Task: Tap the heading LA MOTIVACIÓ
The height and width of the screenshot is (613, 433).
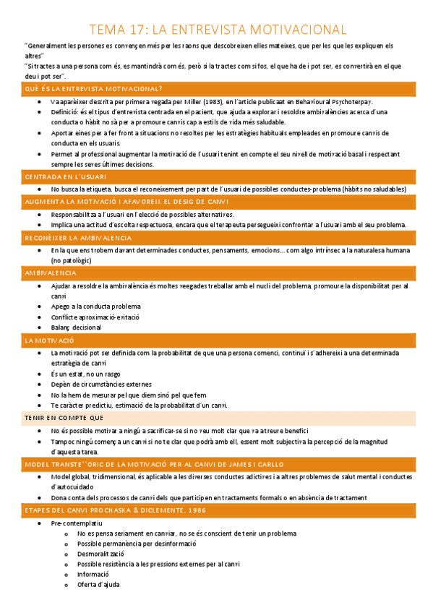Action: (49, 340)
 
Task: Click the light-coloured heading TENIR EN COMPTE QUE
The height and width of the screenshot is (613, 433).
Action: (64, 418)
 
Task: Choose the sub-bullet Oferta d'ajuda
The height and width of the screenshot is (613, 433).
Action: (98, 584)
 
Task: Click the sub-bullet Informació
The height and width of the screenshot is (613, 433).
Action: (94, 575)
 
